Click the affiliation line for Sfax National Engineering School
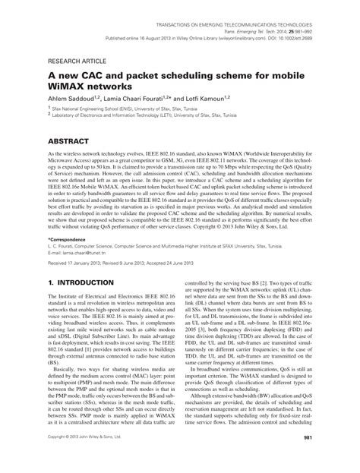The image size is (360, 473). (114, 110)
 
